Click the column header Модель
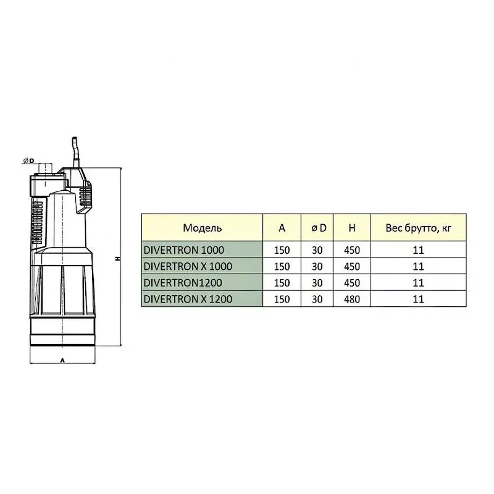point(203,228)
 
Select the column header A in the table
point(282,228)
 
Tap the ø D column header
point(319,228)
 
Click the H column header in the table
point(352,228)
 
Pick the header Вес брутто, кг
point(419,228)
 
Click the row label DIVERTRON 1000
point(183,250)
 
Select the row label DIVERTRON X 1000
point(188,267)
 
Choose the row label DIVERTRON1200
point(183,283)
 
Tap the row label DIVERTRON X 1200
point(188,299)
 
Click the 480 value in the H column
point(352,299)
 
